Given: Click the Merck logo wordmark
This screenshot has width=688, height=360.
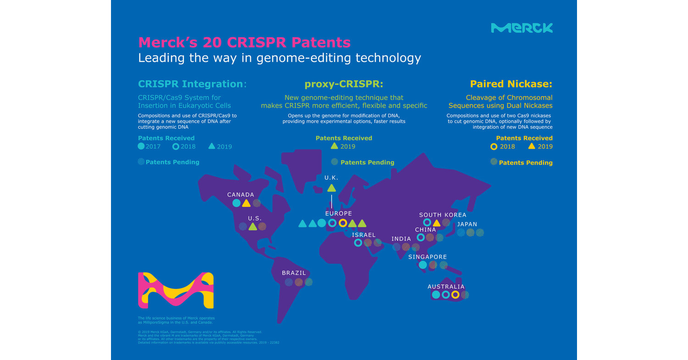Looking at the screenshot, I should tap(522, 28).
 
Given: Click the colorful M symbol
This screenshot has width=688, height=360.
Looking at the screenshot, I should tap(176, 290).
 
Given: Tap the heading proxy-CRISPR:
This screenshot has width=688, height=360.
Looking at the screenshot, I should tap(344, 84).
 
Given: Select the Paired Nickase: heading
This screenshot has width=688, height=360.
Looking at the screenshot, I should tap(511, 84).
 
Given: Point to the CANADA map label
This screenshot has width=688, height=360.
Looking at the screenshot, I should tap(241, 195).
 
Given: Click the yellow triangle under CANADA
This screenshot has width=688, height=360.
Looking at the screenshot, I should tap(246, 203).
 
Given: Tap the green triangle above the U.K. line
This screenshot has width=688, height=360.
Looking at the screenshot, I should tap(331, 188).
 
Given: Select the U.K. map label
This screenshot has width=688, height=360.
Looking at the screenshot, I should tap(331, 177).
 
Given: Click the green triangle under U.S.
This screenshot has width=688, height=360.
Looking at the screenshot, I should tap(252, 227).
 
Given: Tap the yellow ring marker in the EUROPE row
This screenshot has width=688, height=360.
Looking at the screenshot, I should tap(342, 223).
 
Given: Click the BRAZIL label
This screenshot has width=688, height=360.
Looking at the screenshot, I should tap(294, 273).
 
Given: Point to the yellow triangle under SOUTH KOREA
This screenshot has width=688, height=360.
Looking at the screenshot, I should tap(437, 223).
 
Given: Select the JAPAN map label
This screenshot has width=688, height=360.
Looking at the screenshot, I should tap(467, 224).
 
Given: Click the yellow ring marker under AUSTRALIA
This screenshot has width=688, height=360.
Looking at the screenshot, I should tap(455, 295).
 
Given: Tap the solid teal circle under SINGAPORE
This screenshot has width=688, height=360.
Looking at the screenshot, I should tap(422, 265).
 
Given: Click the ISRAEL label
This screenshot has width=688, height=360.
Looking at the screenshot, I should tap(364, 235).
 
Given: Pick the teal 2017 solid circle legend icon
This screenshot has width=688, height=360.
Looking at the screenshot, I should tap(141, 146).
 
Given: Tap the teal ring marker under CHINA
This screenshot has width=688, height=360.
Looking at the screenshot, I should tap(421, 238).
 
